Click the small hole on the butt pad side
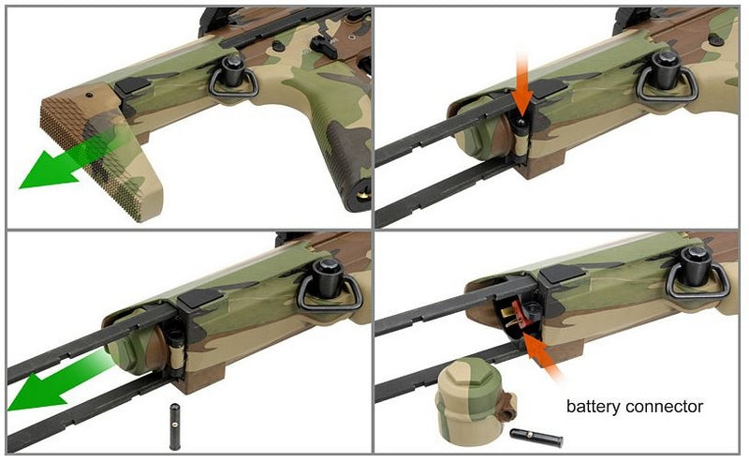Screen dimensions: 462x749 pos(90,95)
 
